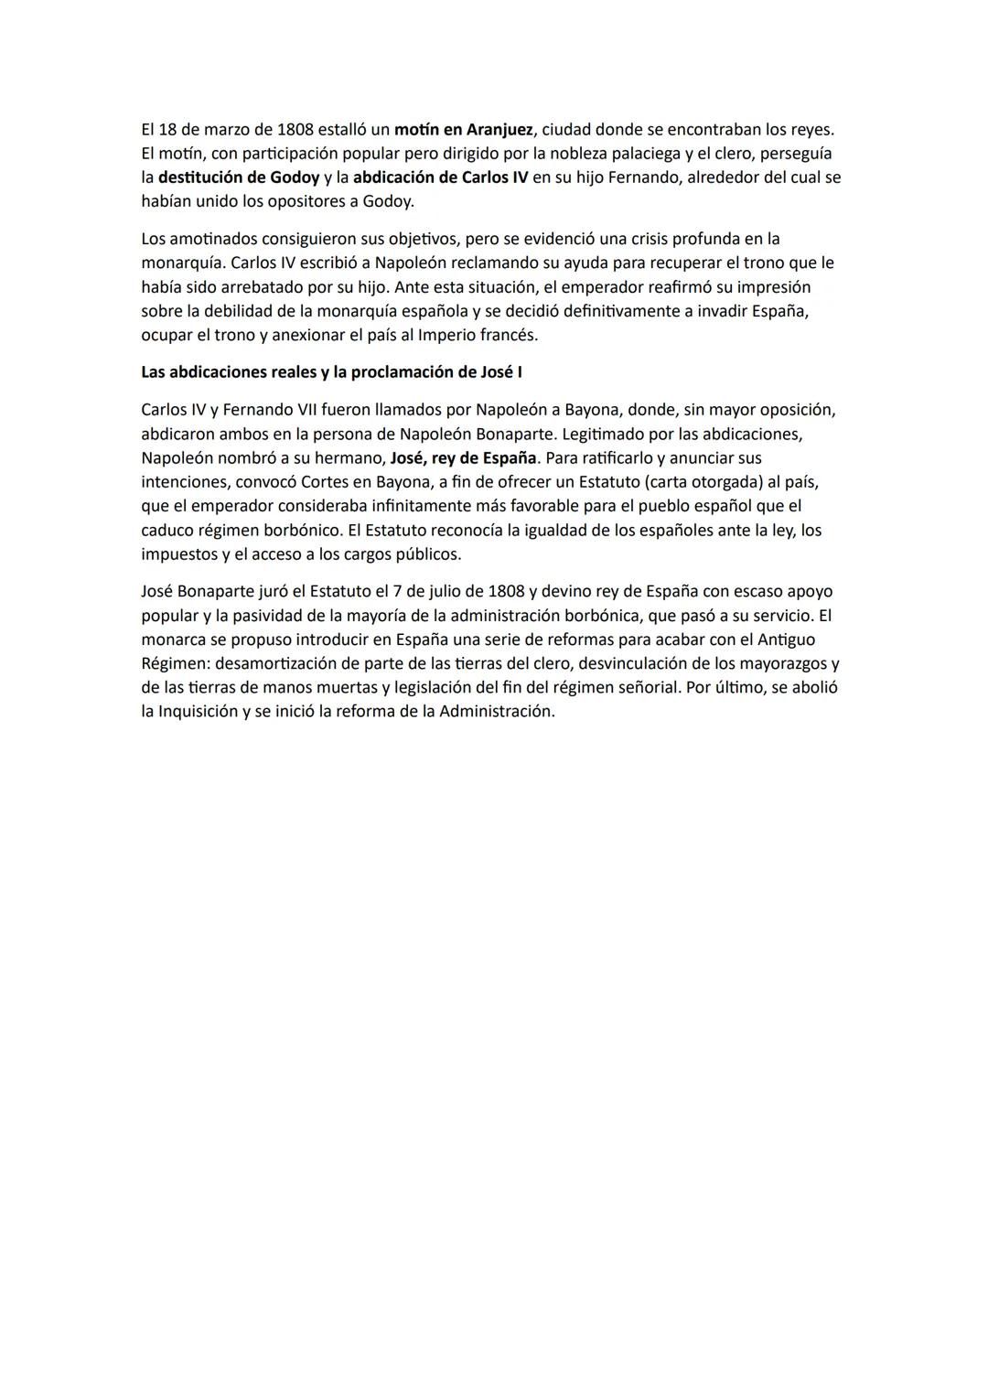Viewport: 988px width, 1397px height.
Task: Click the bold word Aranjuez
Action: tap(499, 130)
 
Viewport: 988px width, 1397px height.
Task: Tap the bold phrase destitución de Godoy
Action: tap(239, 177)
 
